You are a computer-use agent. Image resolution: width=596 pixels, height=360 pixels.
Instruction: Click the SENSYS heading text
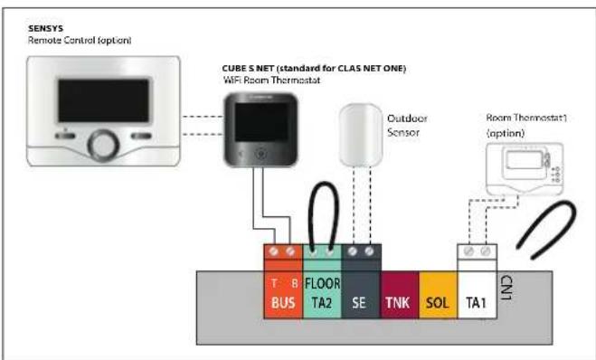click(x=45, y=29)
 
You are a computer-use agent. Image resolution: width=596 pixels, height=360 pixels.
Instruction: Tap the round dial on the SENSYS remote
click(x=103, y=146)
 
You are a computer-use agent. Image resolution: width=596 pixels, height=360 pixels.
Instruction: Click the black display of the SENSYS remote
click(x=103, y=100)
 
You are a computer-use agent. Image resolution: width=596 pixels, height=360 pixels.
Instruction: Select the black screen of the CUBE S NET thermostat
click(x=261, y=122)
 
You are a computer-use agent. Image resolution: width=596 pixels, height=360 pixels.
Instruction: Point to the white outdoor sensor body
click(x=360, y=135)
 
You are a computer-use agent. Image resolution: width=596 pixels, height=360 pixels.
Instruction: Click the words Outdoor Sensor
click(x=407, y=126)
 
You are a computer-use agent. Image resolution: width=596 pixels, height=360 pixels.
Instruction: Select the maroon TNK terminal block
click(x=400, y=295)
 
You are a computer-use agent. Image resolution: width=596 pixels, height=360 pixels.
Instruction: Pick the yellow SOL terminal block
click(x=439, y=295)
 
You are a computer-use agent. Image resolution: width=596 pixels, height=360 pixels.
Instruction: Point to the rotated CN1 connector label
click(x=506, y=288)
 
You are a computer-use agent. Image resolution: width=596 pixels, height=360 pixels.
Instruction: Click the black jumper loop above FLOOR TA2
click(x=323, y=184)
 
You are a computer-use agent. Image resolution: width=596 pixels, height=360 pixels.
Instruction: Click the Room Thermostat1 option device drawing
click(x=525, y=168)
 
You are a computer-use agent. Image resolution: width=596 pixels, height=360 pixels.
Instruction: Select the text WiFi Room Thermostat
click(x=271, y=81)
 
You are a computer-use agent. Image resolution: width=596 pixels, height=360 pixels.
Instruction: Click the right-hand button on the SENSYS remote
click(x=141, y=136)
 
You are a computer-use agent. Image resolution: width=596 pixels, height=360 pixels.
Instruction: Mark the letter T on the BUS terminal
click(x=274, y=283)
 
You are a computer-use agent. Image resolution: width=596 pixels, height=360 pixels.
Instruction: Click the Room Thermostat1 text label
click(x=526, y=118)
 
